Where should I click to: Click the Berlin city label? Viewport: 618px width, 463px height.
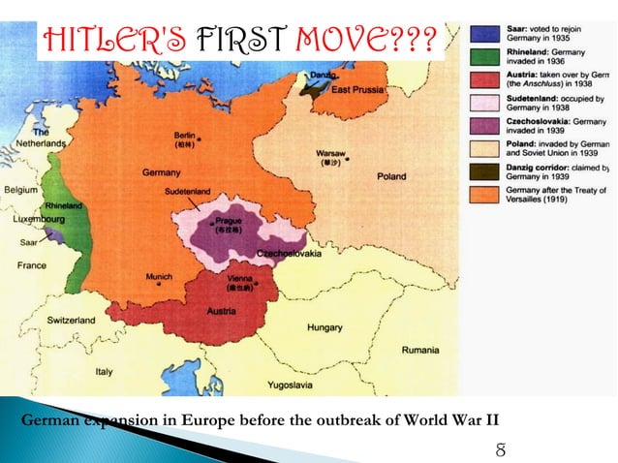pyautogui.click(x=184, y=134)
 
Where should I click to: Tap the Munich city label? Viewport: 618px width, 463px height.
pyautogui.click(x=159, y=276)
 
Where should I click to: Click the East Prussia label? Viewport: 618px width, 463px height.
pyautogui.click(x=357, y=90)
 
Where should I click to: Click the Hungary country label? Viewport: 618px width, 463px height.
pyautogui.click(x=324, y=327)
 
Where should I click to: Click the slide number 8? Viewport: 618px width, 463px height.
pyautogui.click(x=500, y=448)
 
